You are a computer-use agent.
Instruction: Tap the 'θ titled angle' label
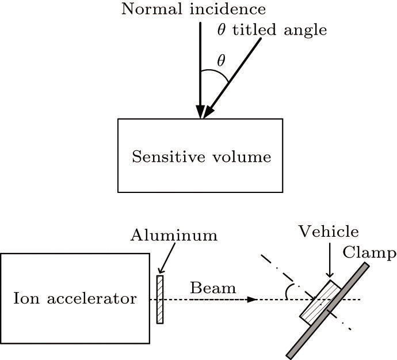pos(272,30)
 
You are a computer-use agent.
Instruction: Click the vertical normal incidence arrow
pos(200,69)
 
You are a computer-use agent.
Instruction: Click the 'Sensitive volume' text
pos(201,156)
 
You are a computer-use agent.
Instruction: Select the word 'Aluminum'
pos(174,235)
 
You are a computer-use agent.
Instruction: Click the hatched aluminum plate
pos(160,299)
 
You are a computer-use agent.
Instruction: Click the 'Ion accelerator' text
pos(75,299)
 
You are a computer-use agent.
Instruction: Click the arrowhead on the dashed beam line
pos(251,300)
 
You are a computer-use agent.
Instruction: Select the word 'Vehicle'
pos(329,232)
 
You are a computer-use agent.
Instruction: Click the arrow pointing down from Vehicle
pos(329,261)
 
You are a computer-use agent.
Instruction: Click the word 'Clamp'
pos(369,253)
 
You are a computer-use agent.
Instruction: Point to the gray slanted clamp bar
pos(329,311)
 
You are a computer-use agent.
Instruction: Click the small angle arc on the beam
pos(287,292)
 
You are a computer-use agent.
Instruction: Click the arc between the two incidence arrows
pos(215,74)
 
